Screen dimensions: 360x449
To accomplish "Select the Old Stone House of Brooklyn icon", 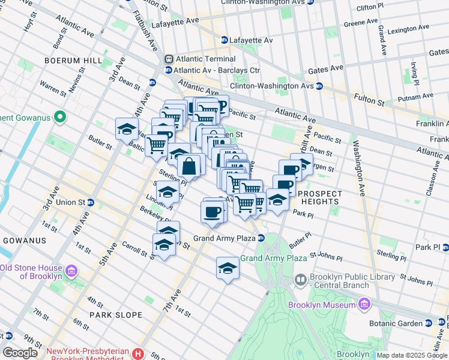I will [x=71, y=271].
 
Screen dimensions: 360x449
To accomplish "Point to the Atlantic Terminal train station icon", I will [x=169, y=59].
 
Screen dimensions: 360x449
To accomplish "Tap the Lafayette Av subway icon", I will [x=224, y=40].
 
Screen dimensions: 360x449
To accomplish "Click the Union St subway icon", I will [x=90, y=202].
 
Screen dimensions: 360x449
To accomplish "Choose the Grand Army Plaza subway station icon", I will [x=261, y=238].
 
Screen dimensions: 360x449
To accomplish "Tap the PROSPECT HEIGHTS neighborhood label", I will [x=320, y=198].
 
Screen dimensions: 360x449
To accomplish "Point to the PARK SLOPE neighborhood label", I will [x=116, y=314].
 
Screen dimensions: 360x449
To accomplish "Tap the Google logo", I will [x=20, y=353].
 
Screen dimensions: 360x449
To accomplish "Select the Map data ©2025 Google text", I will [x=411, y=355].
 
